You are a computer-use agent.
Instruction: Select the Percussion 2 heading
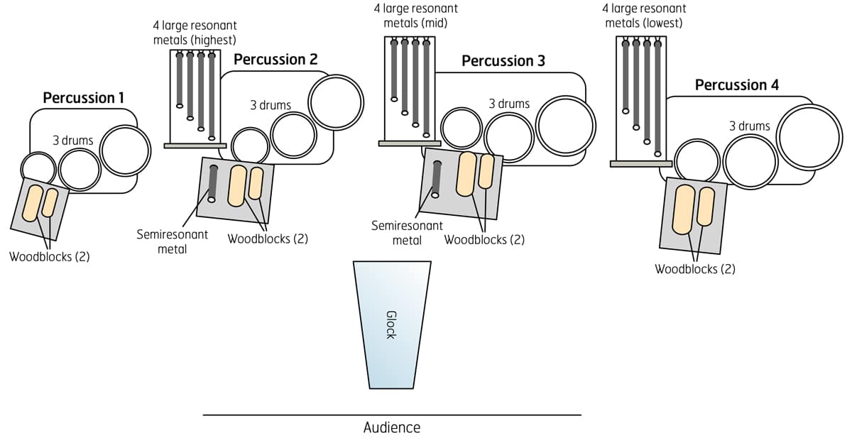tap(275, 60)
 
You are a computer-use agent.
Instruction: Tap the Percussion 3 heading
tap(503, 61)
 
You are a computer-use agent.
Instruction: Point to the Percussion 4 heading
tap(736, 85)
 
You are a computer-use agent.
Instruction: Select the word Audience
tap(392, 427)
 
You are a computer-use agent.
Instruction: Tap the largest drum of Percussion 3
tap(565, 126)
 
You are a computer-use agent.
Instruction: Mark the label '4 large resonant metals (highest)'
tap(195, 33)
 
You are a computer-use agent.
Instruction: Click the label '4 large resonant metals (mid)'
tap(415, 16)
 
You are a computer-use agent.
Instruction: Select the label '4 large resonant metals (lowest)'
tap(644, 16)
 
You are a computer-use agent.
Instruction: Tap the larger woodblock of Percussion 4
tap(683, 209)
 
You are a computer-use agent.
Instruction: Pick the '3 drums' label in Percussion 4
tap(749, 126)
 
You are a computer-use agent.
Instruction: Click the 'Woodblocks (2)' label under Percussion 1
tap(50, 257)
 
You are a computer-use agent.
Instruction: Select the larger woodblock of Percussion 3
tap(466, 173)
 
